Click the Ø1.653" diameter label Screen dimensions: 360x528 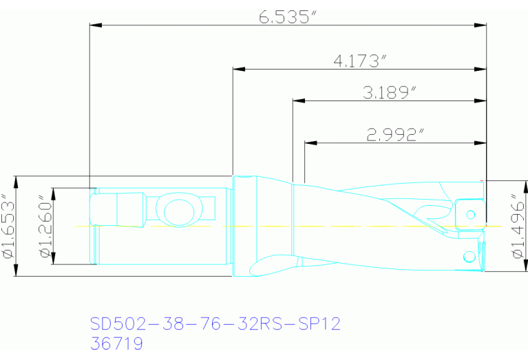pos(9,226)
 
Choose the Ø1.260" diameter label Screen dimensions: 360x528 pos(45,226)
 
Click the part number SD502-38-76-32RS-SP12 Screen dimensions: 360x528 pos(215,324)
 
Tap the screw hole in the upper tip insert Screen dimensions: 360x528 pos(471,214)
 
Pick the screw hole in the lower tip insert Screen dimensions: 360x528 pos(470,257)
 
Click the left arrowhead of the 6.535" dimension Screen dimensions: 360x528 pos(96,25)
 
